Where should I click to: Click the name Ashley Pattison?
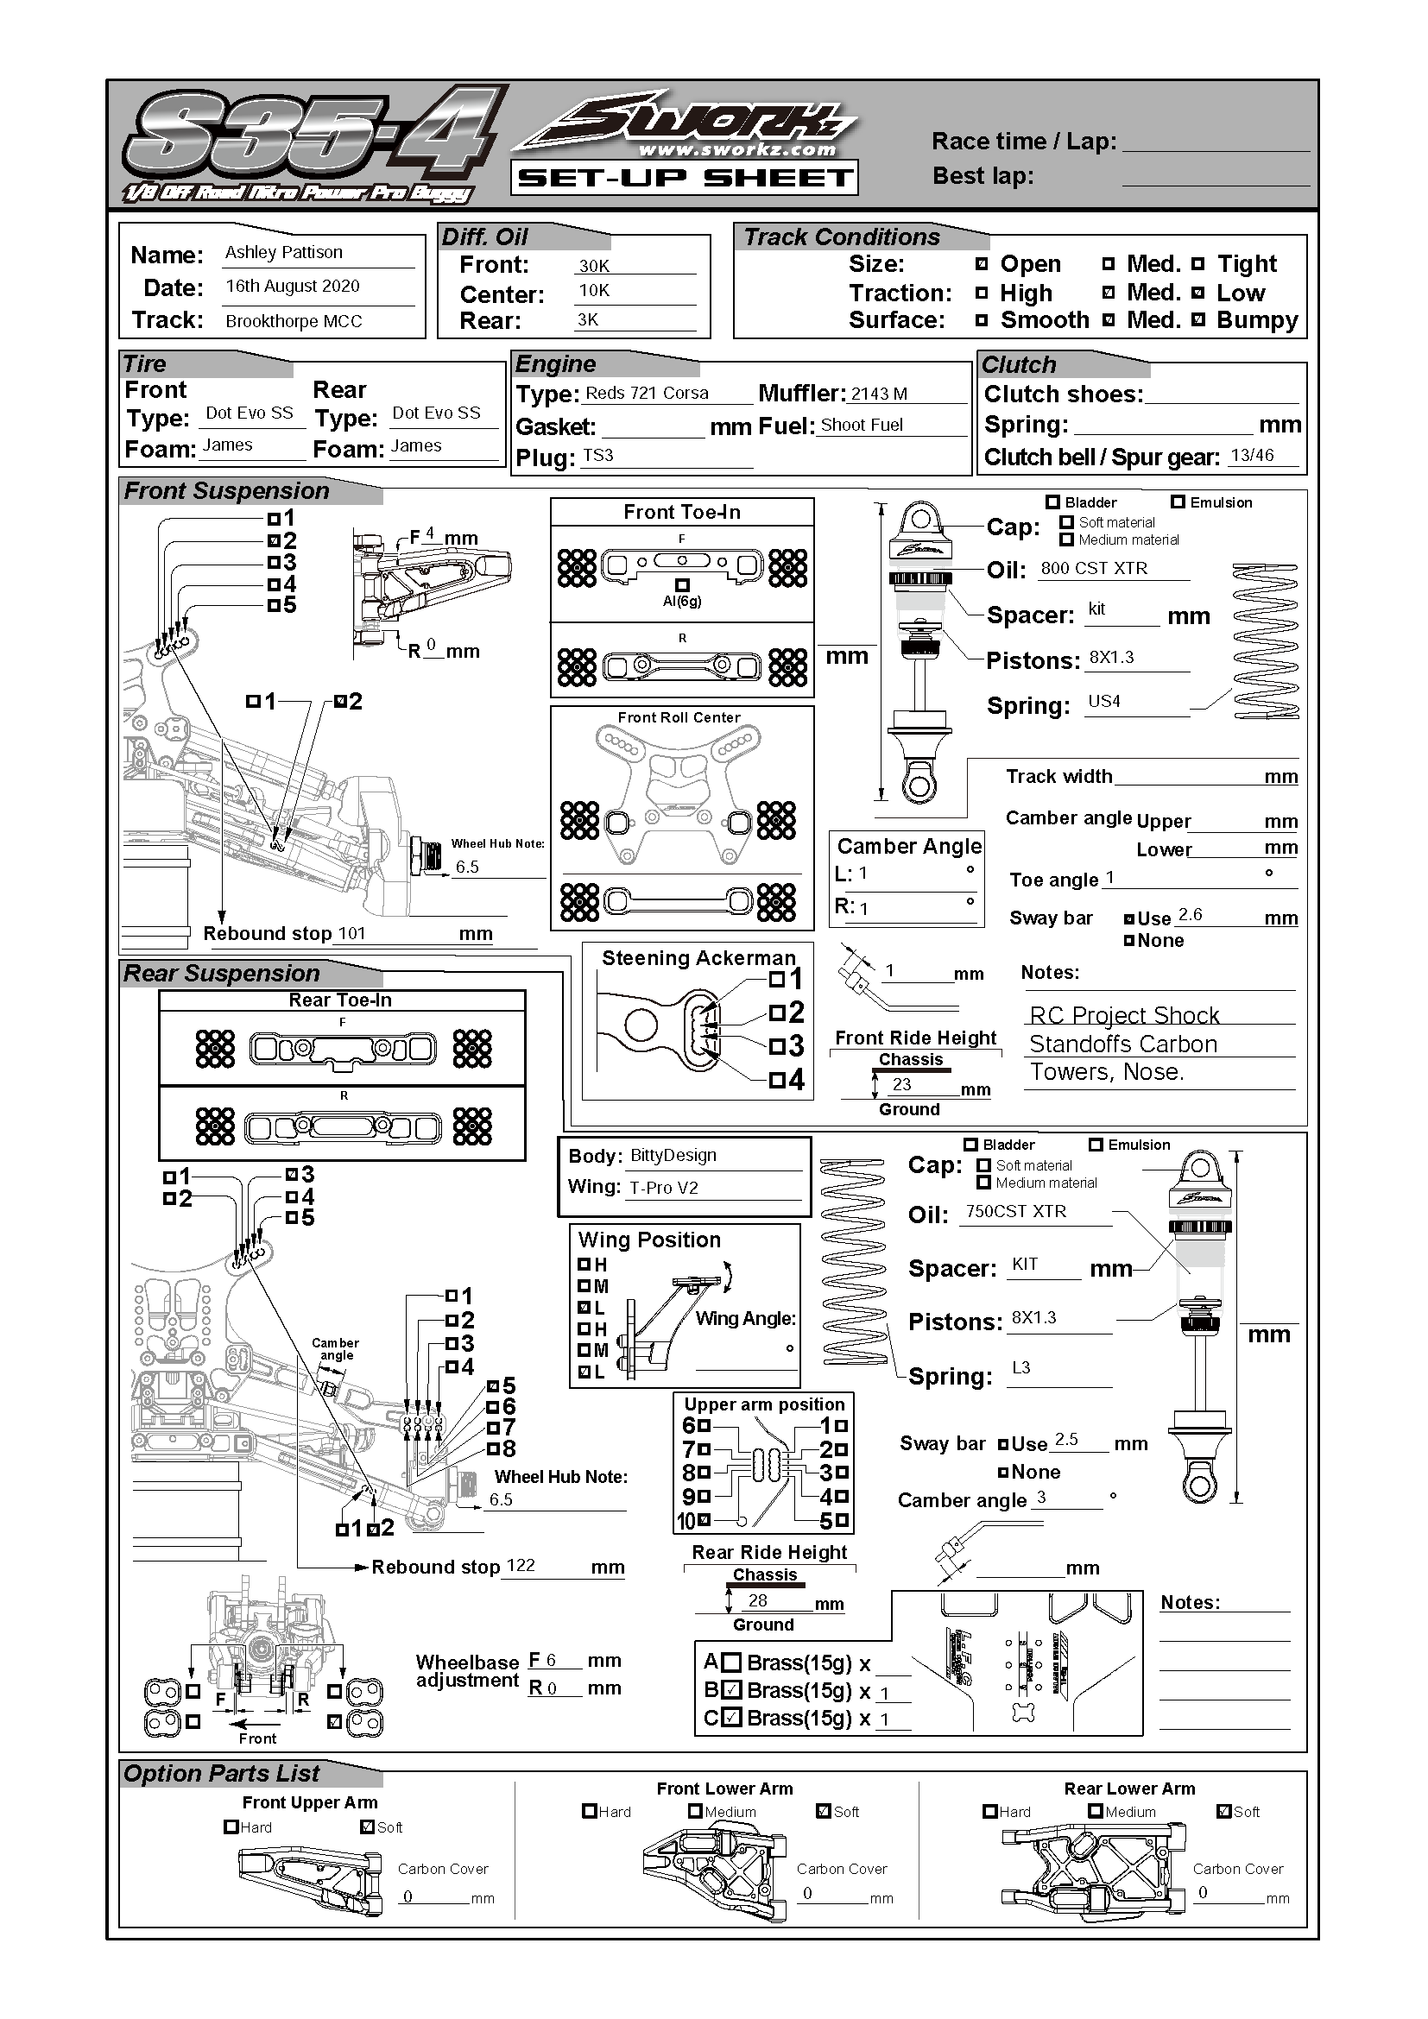(283, 252)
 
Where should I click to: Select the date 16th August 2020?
(292, 286)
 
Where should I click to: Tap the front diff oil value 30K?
(593, 266)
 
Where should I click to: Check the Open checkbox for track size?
(983, 264)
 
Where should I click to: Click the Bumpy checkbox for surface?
(1198, 320)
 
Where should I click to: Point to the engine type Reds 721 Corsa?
(647, 393)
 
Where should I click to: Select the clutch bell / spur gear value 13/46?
(1252, 455)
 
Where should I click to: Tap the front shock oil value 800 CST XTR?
(1094, 568)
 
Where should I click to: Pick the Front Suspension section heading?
(227, 490)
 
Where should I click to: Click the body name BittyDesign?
(673, 1156)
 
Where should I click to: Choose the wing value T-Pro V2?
(664, 1188)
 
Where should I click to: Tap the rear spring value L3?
(1020, 1367)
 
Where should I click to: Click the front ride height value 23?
(901, 1084)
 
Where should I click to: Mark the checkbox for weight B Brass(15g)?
(731, 1690)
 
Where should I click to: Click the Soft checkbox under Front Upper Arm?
(368, 1827)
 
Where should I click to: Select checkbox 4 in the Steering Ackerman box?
(776, 1079)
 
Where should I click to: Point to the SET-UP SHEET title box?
(684, 178)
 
